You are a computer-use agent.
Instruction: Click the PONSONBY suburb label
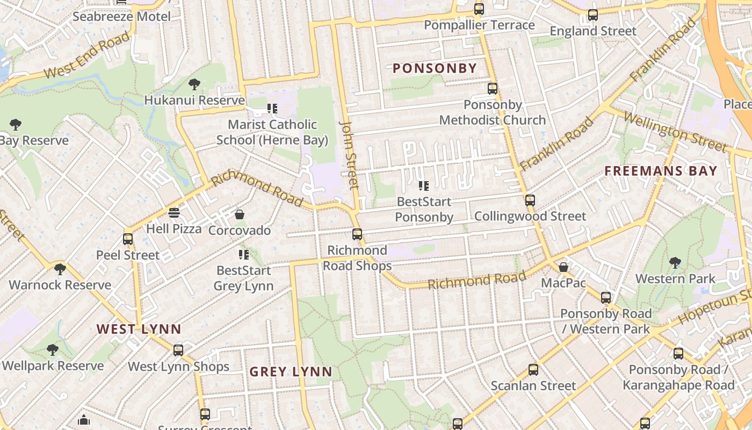pyautogui.click(x=435, y=68)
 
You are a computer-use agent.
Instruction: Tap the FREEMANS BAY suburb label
pyautogui.click(x=661, y=171)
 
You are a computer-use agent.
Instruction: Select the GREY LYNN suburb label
pyautogui.click(x=291, y=371)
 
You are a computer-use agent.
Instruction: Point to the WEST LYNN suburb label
pyautogui.click(x=139, y=329)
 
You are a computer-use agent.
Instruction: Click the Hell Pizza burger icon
pyautogui.click(x=173, y=213)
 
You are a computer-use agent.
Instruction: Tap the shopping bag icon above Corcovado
pyautogui.click(x=240, y=214)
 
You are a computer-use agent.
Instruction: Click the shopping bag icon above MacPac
pyautogui.click(x=563, y=267)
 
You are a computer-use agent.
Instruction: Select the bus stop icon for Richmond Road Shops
pyautogui.click(x=357, y=234)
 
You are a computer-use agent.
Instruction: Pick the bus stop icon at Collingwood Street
pyautogui.click(x=530, y=200)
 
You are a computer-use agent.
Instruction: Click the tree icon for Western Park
pyautogui.click(x=675, y=263)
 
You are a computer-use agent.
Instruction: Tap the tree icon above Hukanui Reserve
pyautogui.click(x=194, y=84)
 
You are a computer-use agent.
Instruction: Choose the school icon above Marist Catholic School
pyautogui.click(x=272, y=109)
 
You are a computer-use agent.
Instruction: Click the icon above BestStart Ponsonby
pyautogui.click(x=424, y=186)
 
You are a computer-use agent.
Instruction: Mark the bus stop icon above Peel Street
pyautogui.click(x=128, y=239)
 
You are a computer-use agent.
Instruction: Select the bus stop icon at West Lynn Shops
pyautogui.click(x=178, y=350)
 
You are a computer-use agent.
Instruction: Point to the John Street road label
pyautogui.click(x=349, y=155)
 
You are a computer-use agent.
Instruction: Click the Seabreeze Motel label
pyautogui.click(x=121, y=16)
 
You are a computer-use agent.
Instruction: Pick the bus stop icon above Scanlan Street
pyautogui.click(x=533, y=370)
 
